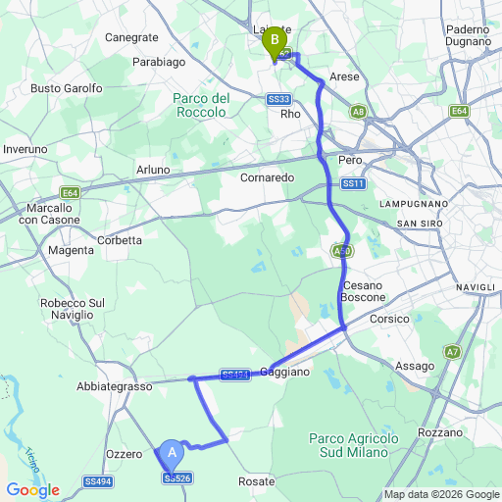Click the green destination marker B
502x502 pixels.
pos(276,41)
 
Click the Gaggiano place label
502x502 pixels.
pos(285,373)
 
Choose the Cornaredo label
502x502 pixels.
pos(267,178)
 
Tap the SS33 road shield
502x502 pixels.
pos(278,99)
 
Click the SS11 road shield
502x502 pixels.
pos(353,183)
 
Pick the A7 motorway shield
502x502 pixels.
pos(452,351)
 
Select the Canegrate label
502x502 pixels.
pos(131,37)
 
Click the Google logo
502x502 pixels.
pos(32,490)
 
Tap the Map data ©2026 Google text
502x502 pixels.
pos(440,493)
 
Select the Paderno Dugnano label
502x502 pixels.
pos(467,36)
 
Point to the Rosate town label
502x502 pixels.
pos(257,481)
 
